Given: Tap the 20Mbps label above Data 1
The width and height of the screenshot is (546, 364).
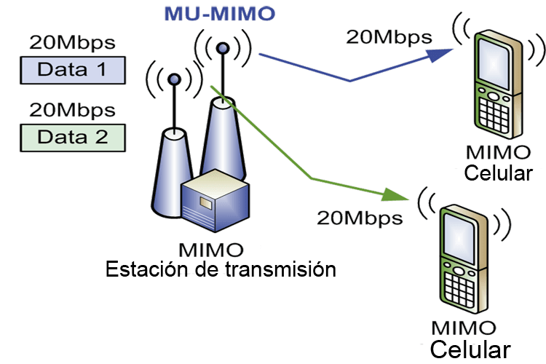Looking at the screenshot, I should point(71,42).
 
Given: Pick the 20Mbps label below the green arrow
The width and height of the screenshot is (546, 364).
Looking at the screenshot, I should point(360,217).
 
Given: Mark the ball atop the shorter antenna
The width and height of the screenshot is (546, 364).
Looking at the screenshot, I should point(173,79).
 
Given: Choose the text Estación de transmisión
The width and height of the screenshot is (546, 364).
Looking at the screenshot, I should point(221,269).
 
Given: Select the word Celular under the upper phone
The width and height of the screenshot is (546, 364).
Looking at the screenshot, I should point(498,174).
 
